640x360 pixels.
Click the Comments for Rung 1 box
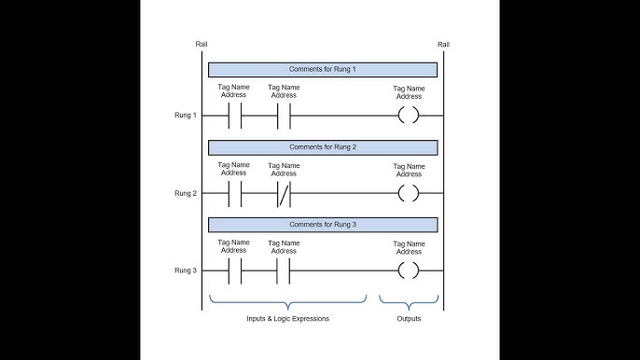(322, 69)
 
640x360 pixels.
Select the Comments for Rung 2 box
(322, 147)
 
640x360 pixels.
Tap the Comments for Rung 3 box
(322, 225)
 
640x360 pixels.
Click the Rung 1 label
(185, 116)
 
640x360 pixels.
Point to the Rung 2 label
(185, 193)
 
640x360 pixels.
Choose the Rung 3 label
(185, 270)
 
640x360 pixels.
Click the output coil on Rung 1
(408, 116)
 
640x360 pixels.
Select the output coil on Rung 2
(408, 193)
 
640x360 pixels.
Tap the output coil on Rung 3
(408, 270)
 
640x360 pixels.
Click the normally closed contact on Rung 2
(284, 193)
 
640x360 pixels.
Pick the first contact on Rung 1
(233, 116)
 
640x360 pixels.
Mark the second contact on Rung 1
(284, 116)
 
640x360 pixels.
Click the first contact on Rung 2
(233, 193)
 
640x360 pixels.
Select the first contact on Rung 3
(233, 270)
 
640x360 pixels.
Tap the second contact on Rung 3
(284, 270)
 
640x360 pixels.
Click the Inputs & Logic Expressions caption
(288, 319)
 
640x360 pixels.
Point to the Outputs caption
(408, 319)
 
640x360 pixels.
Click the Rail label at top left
(202, 45)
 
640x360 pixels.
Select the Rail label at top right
(442, 45)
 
